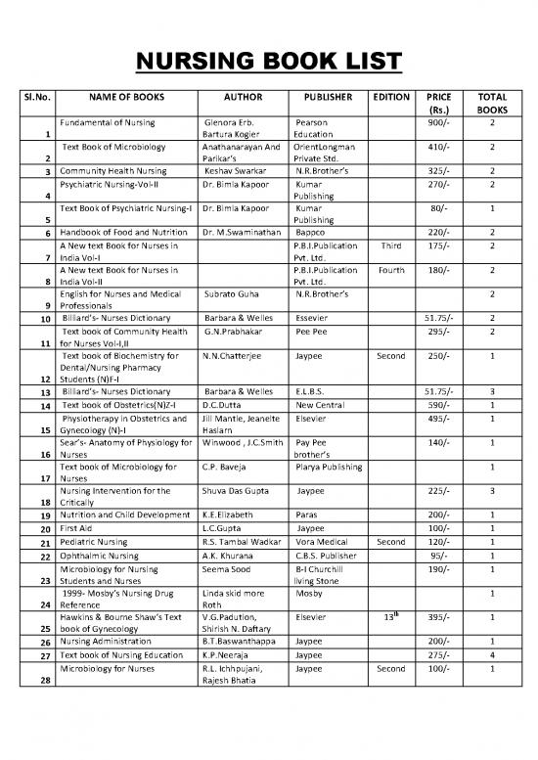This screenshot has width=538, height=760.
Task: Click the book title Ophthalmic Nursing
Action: [x=98, y=555]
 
